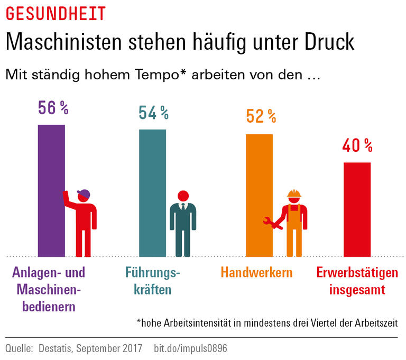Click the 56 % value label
pos(53,108)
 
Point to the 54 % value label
pos(153,113)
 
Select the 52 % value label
pos(261,116)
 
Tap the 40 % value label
pos(357,145)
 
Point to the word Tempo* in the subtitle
pos(159,75)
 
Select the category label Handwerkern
pos(257,273)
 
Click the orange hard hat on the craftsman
pos(294,193)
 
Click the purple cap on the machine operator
pos(84,193)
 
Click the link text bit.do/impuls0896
pos(190,349)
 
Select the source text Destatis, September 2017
pos(90,349)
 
